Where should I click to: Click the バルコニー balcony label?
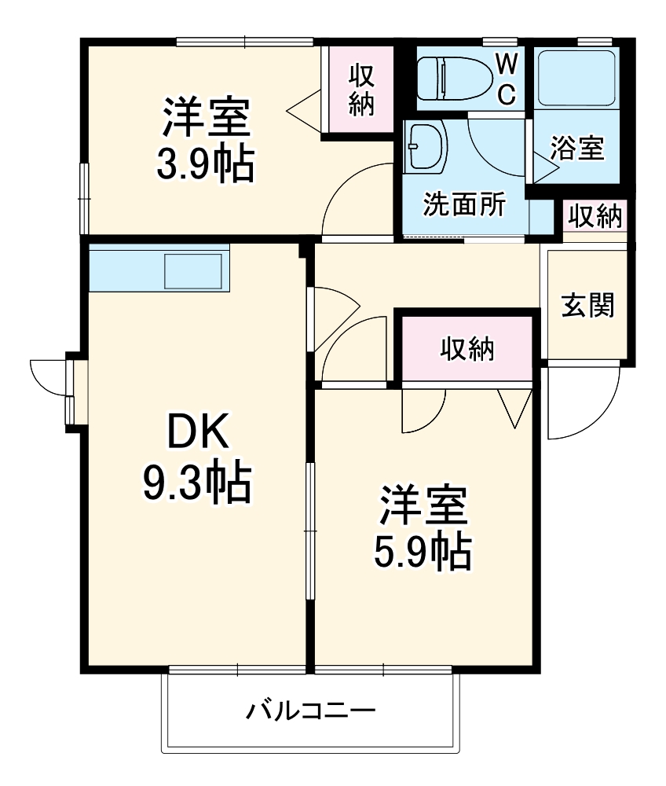(x=311, y=712)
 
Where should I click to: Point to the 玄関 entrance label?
(x=587, y=305)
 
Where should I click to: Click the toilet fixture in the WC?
(x=448, y=78)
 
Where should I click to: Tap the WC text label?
(x=507, y=78)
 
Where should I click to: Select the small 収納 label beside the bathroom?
(x=595, y=215)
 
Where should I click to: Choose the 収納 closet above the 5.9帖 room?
(x=467, y=348)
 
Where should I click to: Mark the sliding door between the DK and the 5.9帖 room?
(x=310, y=534)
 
